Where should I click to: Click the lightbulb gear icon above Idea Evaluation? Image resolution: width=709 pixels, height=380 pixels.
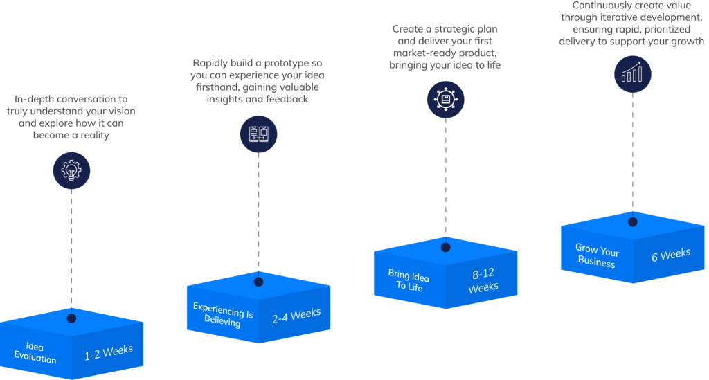tap(71, 170)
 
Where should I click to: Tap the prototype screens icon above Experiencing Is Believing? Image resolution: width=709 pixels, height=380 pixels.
tap(258, 134)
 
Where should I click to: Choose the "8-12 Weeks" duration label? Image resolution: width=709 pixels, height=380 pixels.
tap(483, 281)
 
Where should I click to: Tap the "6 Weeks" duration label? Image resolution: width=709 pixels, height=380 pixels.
tap(671, 255)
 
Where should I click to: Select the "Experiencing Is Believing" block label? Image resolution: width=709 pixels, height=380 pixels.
tap(223, 314)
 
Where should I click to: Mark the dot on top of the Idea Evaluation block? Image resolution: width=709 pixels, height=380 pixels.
tap(71, 318)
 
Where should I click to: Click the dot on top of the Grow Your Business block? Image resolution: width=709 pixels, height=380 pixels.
tap(632, 222)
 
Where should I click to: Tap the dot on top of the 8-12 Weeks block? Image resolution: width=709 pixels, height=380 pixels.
tap(445, 247)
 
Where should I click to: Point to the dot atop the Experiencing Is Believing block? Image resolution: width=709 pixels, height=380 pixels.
tap(258, 282)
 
